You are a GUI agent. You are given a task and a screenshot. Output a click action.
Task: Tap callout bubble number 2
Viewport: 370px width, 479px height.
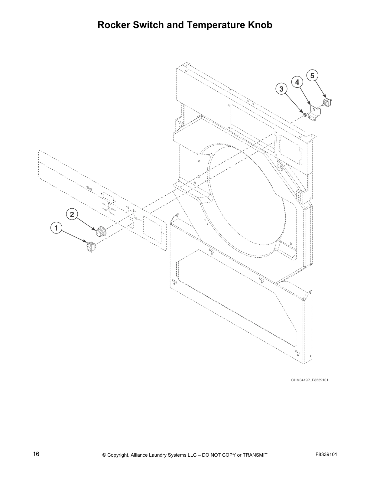(72, 214)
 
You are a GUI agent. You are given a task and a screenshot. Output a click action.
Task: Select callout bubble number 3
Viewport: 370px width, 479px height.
(281, 89)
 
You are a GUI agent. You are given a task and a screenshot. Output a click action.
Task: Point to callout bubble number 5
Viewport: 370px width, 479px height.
(312, 75)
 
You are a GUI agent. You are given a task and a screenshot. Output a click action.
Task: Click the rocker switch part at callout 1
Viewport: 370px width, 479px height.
(90, 246)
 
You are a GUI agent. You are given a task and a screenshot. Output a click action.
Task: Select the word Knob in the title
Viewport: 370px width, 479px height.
(261, 25)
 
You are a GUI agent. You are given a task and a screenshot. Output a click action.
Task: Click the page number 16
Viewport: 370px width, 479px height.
(36, 454)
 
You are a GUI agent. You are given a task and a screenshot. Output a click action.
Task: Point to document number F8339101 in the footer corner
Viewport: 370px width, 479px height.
(326, 454)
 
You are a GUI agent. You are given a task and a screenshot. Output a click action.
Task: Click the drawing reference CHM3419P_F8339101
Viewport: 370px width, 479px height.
(310, 380)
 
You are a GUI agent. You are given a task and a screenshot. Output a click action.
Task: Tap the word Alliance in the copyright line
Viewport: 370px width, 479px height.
(140, 455)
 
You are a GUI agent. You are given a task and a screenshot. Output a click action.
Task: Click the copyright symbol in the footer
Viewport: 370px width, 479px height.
(104, 455)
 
